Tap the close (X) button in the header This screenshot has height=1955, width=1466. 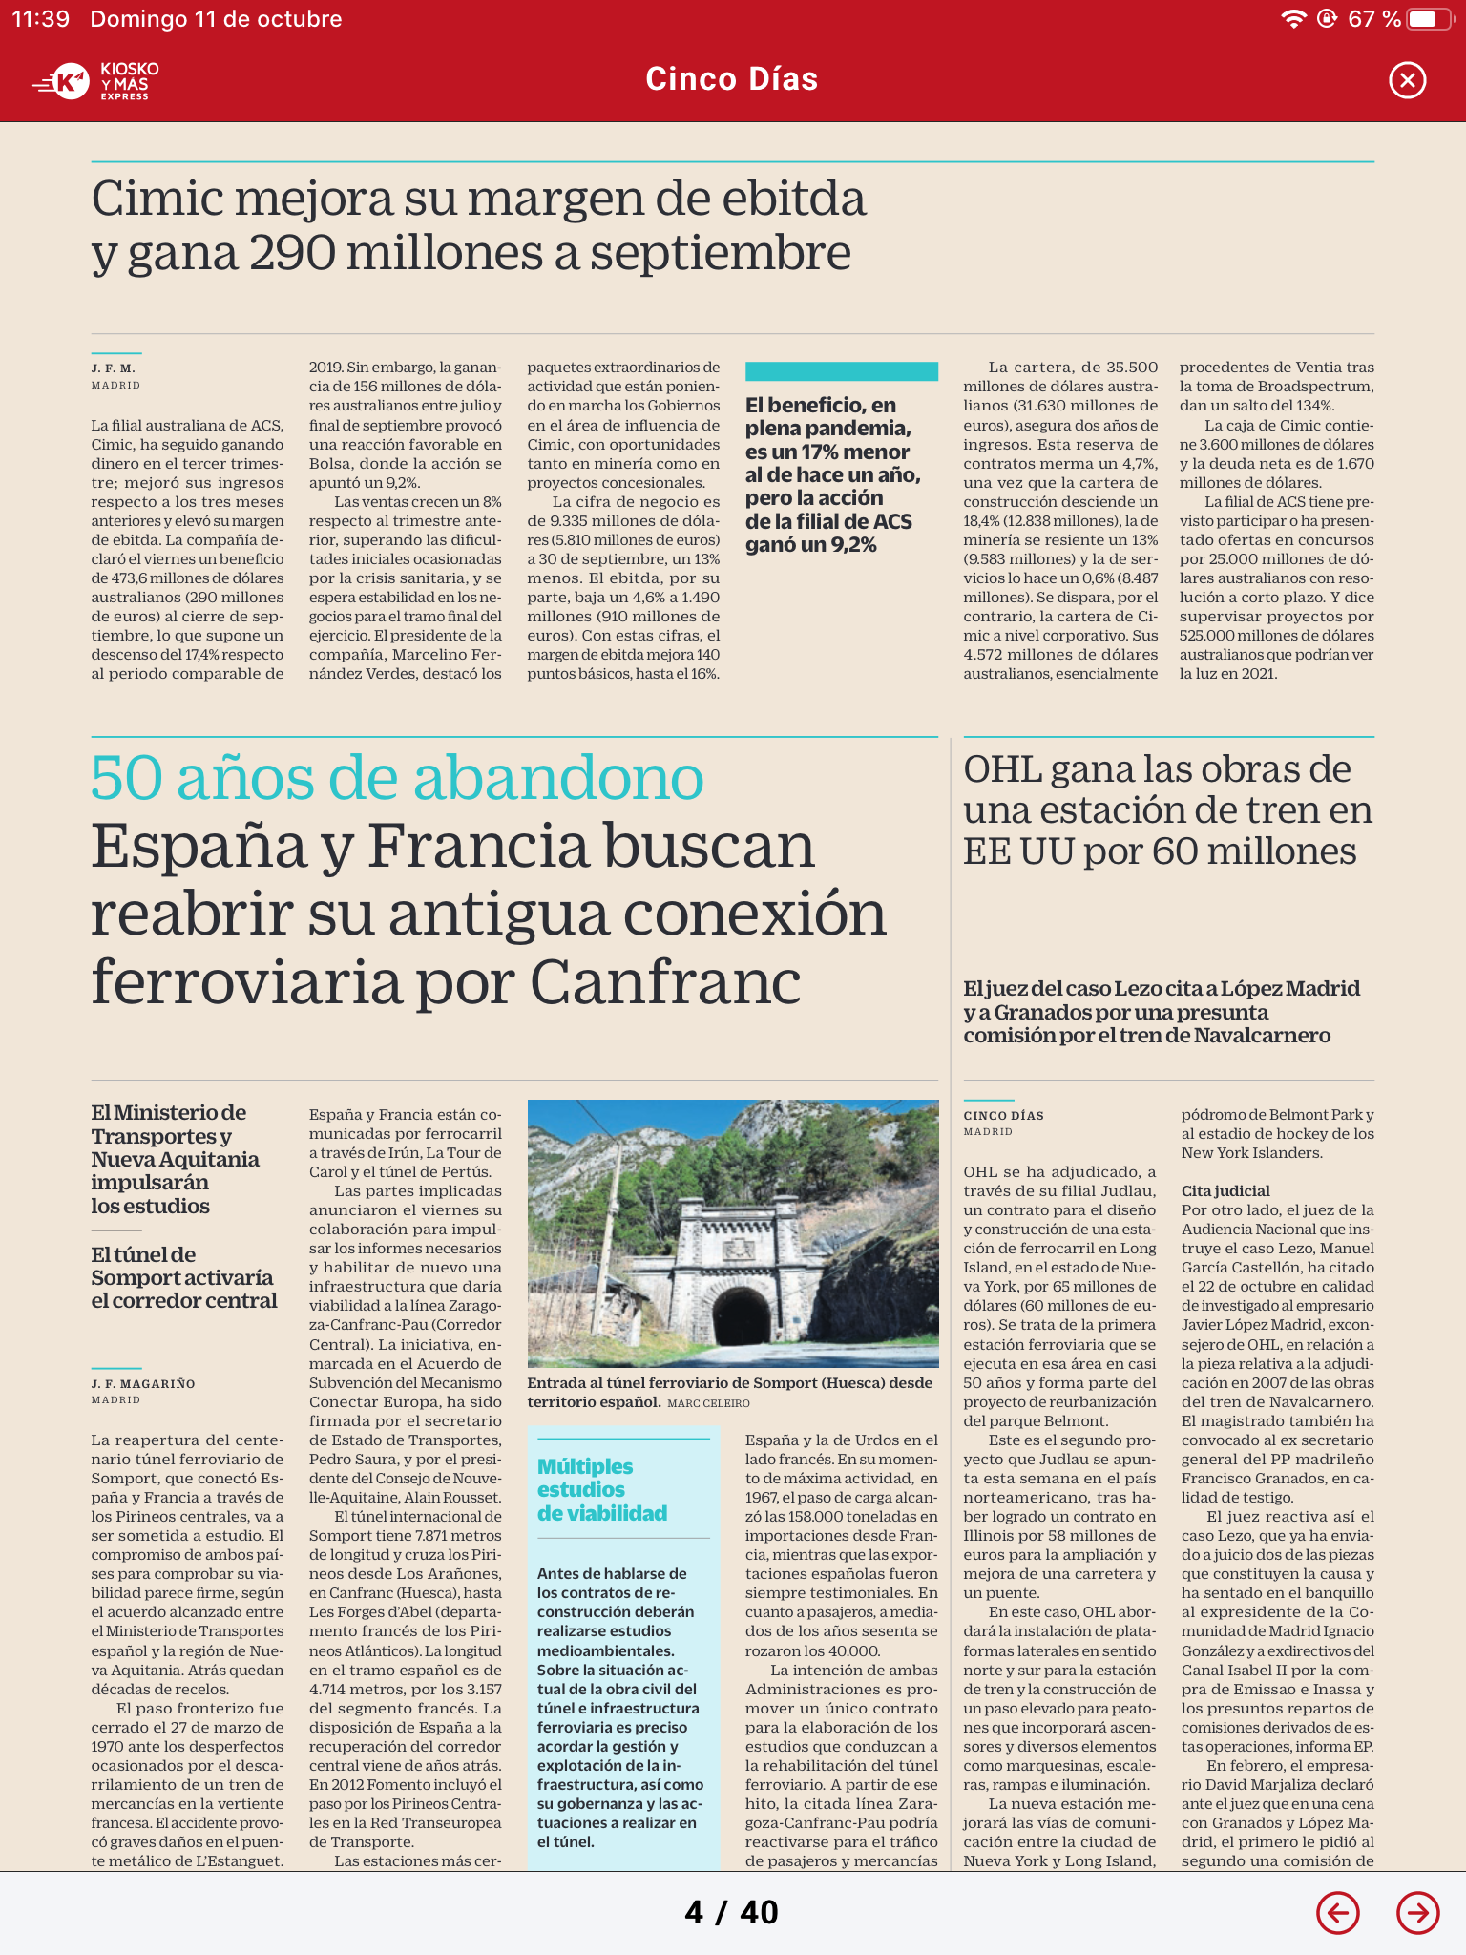1407,80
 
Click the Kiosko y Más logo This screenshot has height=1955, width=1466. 96,81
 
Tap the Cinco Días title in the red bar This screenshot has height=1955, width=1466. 732,79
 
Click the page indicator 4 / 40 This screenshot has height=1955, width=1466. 732,1912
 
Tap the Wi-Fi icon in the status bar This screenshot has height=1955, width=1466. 1293,19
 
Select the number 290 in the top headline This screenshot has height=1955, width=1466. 293,253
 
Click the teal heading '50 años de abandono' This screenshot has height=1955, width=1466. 397,778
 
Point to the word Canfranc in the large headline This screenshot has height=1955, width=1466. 665,982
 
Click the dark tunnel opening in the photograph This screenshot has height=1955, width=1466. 741,1315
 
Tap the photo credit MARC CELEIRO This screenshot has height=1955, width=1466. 708,1403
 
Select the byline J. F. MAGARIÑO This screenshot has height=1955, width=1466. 143,1383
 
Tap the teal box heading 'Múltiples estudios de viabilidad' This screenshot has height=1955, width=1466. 601,1489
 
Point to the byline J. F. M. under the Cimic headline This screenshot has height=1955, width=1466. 114,368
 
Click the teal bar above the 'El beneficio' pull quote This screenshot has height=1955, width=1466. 841,371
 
